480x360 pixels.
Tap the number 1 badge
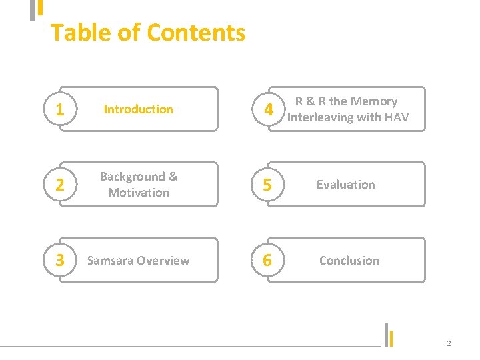tap(60, 110)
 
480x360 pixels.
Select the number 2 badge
tap(60, 185)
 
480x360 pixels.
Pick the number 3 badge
tap(60, 261)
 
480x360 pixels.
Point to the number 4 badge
tap(267, 110)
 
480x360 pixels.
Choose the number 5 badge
tap(267, 185)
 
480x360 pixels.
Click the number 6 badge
tap(267, 261)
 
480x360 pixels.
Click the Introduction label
tap(138, 109)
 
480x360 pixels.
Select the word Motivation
tap(139, 193)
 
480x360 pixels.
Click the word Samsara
tap(111, 261)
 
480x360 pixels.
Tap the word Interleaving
tap(320, 117)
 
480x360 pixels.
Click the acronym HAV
tap(396, 117)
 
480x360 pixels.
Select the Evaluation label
tap(345, 185)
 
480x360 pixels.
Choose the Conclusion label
tap(349, 261)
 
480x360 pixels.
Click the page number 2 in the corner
tap(449, 343)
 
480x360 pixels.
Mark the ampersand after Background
tap(173, 177)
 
